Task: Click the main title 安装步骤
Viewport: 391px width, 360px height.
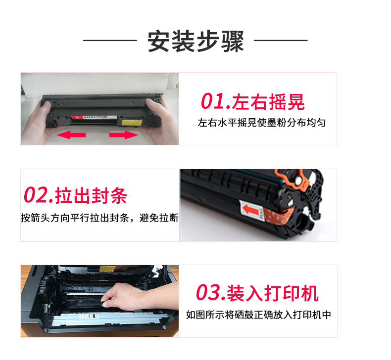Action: click(196, 41)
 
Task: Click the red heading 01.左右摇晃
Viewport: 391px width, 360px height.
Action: click(252, 101)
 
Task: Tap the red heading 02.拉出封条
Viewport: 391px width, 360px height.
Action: click(75, 195)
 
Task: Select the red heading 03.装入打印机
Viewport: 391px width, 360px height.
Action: click(257, 293)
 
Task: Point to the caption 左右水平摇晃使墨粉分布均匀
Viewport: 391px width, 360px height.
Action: click(262, 123)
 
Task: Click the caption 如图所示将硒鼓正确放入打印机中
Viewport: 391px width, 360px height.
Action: click(258, 315)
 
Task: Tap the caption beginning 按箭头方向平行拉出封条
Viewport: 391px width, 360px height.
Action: click(100, 218)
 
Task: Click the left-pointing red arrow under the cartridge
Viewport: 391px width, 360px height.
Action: click(71, 135)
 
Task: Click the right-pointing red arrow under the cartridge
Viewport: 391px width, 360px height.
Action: click(124, 135)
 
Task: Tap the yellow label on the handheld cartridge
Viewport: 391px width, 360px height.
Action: click(132, 123)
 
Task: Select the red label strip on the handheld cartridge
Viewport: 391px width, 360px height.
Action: click(94, 117)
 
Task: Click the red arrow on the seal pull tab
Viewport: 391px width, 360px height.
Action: click(251, 210)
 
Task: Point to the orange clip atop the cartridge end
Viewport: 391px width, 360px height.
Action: click(292, 179)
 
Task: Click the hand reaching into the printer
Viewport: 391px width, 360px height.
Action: click(140, 296)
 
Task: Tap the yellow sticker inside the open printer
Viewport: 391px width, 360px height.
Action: click(107, 269)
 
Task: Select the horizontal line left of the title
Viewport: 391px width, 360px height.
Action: click(110, 40)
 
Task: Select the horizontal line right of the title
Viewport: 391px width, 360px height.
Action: click(281, 40)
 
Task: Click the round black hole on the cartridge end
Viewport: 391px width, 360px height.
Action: click(301, 221)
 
